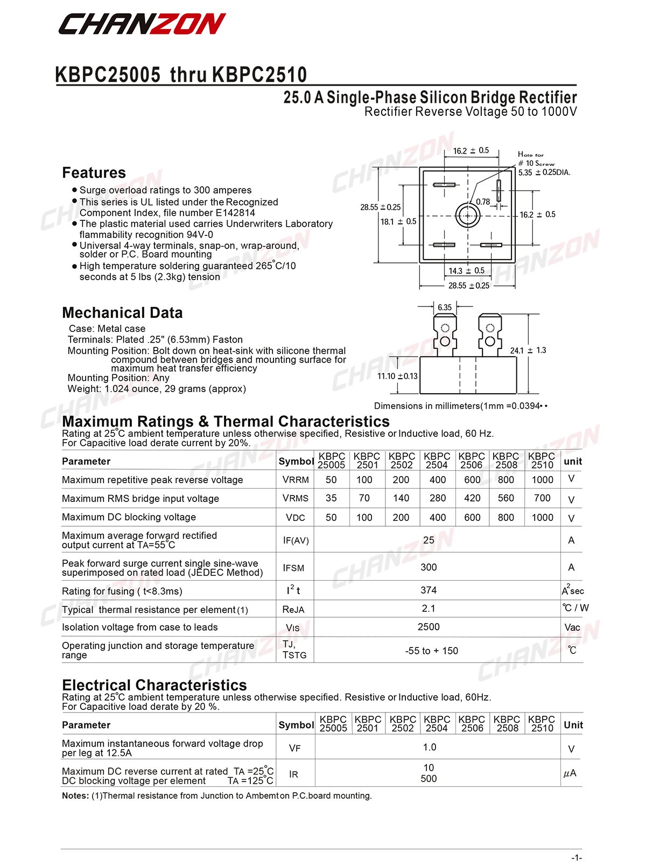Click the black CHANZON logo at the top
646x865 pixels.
142,24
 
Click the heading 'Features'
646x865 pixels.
94,172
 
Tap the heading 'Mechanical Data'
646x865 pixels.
122,312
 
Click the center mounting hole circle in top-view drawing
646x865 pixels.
467,215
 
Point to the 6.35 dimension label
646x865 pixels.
445,308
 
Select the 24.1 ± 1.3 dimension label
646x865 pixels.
528,350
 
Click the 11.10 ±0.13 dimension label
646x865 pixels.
397,376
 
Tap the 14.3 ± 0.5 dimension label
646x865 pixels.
466,271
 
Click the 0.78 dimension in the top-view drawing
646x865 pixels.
483,202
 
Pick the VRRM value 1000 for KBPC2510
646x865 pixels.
542,479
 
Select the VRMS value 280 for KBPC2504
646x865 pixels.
437,498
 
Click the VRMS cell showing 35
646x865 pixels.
331,498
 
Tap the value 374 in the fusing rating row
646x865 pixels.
429,590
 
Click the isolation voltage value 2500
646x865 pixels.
429,627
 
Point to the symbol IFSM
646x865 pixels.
294,568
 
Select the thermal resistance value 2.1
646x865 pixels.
429,609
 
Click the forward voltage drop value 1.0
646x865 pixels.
429,747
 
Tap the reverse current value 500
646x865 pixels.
429,779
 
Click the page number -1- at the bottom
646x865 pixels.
576,857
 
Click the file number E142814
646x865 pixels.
235,213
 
